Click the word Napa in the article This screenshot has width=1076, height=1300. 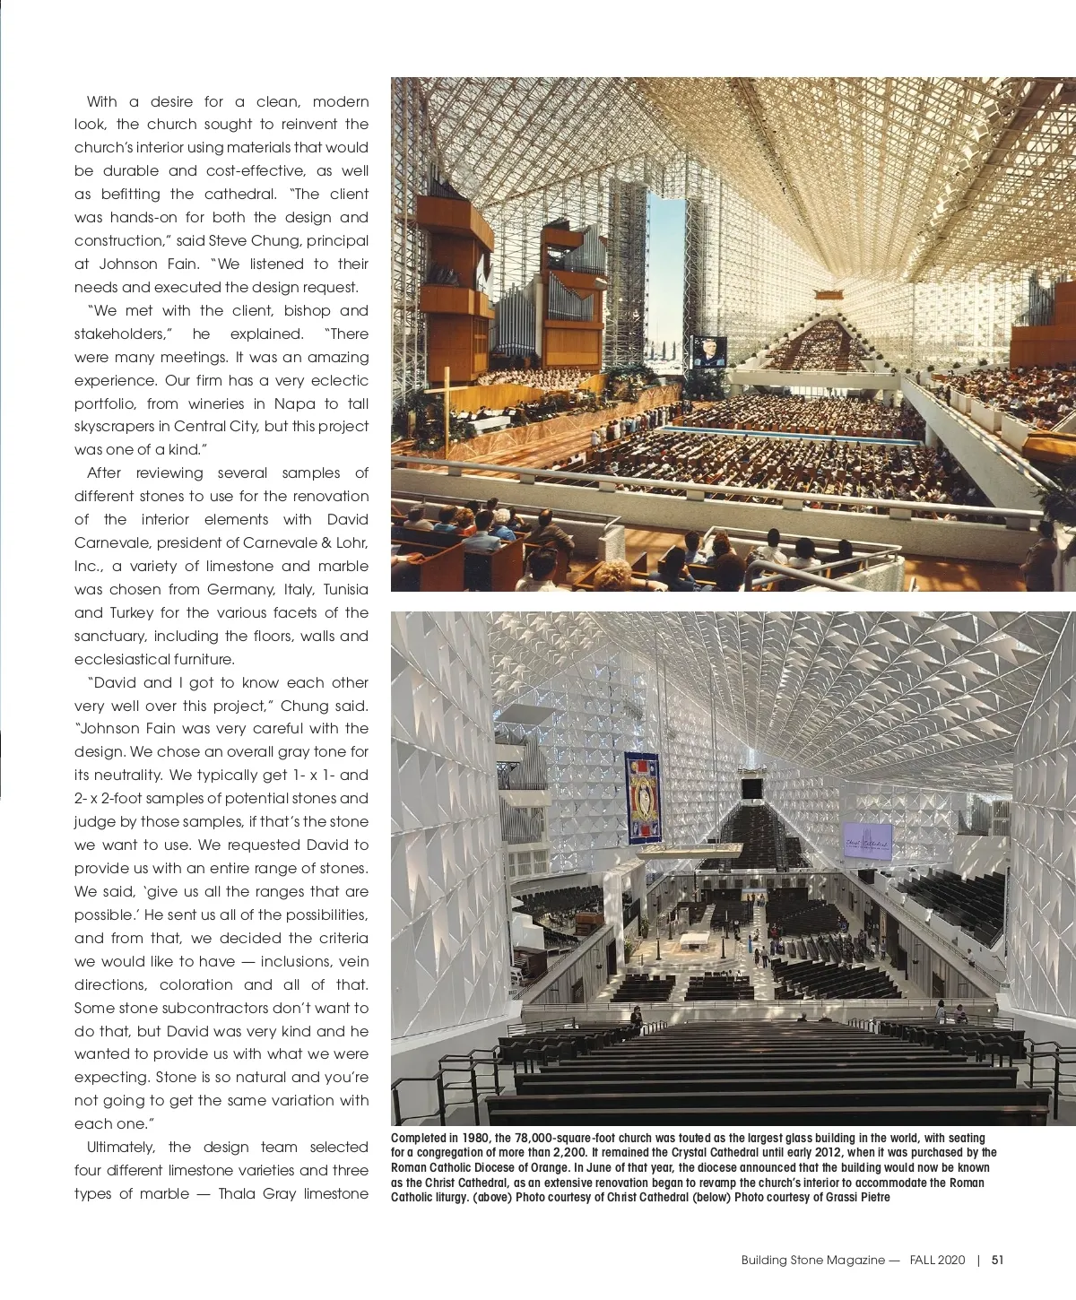294,403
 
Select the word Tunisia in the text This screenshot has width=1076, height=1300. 345,589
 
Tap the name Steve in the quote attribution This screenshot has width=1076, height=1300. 228,240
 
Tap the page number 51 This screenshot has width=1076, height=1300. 997,1260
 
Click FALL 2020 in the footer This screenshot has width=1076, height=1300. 937,1260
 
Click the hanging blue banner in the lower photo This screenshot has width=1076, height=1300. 642,798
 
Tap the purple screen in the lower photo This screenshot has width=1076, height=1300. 867,841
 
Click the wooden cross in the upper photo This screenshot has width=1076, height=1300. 445,403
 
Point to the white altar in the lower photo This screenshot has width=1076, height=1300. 695,941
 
